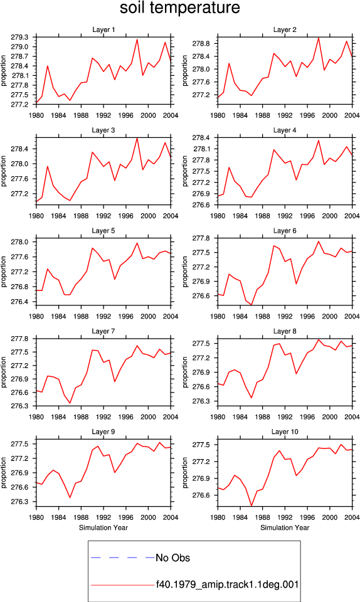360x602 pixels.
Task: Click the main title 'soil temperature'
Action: point(179,8)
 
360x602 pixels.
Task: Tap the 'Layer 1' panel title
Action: point(103,30)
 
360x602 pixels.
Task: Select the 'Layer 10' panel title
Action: point(284,432)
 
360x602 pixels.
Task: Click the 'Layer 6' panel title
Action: point(284,231)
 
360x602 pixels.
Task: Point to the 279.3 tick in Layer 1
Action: point(20,37)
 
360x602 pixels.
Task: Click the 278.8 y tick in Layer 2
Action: point(201,44)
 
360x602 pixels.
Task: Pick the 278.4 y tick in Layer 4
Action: point(201,138)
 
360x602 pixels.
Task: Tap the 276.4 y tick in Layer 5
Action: point(20,302)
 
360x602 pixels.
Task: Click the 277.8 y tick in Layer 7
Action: point(20,339)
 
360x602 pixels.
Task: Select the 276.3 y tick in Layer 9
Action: point(20,502)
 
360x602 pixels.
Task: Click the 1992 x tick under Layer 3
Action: point(103,216)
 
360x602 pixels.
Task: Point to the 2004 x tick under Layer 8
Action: point(352,417)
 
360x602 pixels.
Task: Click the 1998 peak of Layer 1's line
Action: point(137,40)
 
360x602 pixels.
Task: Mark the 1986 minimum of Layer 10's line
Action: point(251,505)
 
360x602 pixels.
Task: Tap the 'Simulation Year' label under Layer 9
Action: point(103,528)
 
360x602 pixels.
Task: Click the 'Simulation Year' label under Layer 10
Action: point(285,528)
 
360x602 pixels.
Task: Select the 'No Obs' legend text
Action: point(172,558)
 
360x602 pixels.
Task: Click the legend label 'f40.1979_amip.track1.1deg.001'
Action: point(227,585)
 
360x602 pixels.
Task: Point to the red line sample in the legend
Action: point(122,586)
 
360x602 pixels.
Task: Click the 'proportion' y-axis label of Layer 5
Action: point(4,272)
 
